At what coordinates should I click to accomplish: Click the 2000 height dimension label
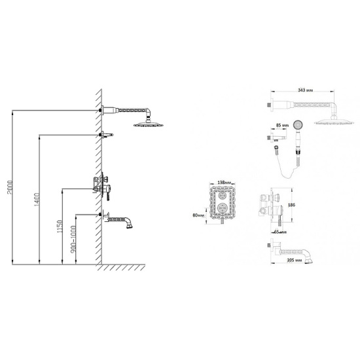point(10,187)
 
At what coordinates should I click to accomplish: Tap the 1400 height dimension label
point(37,199)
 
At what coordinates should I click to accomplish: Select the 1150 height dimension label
point(60,226)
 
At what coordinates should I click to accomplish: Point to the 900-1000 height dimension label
point(73,239)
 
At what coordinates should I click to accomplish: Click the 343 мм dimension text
point(306,90)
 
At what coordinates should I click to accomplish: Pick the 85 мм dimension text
point(282,126)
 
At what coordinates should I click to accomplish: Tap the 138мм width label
point(225,183)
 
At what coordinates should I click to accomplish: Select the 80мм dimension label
point(198,215)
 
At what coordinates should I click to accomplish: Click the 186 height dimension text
point(291,205)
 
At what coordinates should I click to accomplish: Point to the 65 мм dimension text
point(280,232)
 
